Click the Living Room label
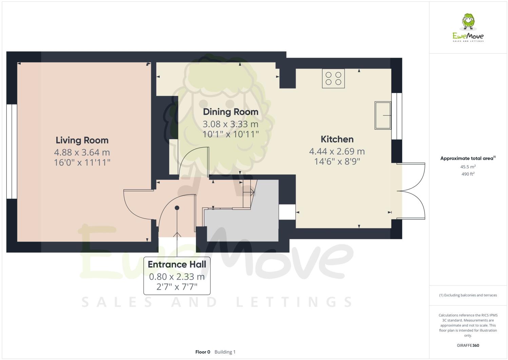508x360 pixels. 82,140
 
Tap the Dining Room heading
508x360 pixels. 231,112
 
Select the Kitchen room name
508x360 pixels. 337,139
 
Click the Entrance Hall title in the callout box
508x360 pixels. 177,264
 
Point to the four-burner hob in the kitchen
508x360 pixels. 333,78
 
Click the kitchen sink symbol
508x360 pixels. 383,115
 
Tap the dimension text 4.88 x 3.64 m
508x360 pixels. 82,152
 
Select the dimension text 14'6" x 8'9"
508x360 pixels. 337,161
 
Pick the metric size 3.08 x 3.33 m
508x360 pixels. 231,124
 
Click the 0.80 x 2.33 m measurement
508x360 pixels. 177,277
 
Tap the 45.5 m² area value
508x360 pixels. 468,167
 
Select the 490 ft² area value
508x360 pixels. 468,174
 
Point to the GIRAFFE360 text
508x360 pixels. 468,346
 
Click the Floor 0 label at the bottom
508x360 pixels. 203,352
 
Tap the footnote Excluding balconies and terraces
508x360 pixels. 468,295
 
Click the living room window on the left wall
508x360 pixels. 12,151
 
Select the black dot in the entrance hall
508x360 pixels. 177,208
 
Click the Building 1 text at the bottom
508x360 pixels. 225,352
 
